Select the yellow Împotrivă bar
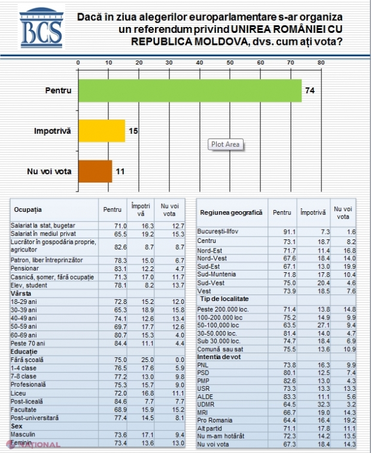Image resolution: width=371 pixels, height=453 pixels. point(101,130)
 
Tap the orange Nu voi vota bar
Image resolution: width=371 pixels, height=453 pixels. point(95,171)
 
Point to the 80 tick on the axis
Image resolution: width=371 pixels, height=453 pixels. point(321,63)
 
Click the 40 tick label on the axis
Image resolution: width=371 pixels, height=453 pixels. point(199,63)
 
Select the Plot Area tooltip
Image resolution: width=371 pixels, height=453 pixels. point(226,144)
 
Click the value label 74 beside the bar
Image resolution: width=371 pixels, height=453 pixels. point(309,91)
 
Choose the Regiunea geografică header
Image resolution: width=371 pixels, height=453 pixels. point(231,212)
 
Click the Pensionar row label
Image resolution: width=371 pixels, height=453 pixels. point(27,269)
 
